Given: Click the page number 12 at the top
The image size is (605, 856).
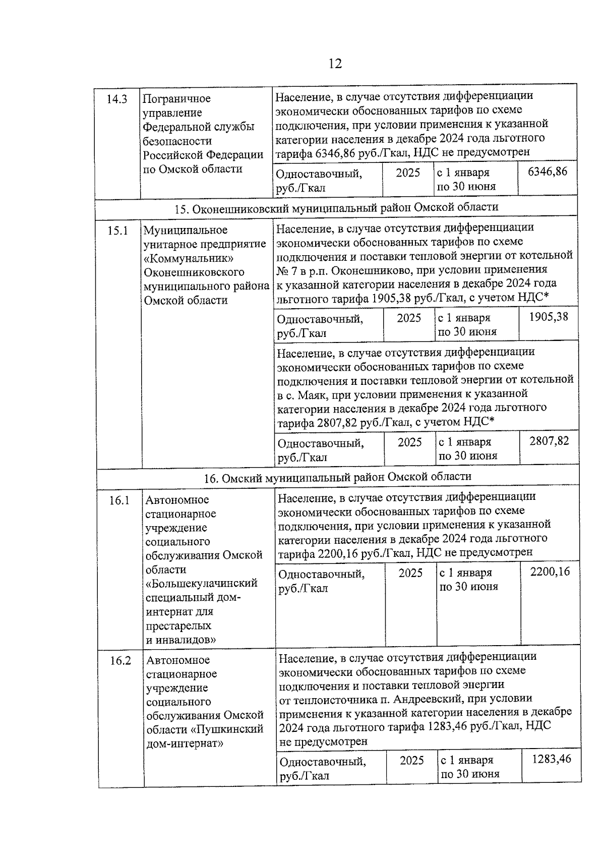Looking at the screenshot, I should click(335, 64).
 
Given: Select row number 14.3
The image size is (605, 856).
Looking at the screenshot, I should click(116, 99).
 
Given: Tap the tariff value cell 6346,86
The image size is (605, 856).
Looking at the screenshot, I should click(547, 172).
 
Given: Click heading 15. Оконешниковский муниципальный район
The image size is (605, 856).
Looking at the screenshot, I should click(336, 207).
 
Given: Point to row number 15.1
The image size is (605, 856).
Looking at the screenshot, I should click(117, 231).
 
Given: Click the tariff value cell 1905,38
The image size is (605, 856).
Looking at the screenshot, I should click(548, 317).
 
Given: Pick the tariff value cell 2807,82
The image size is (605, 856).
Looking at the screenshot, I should click(549, 441).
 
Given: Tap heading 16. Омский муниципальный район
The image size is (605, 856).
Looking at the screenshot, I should click(337, 477).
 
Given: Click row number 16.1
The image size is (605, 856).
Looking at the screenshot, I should click(119, 500).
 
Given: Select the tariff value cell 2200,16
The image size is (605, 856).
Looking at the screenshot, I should click(550, 572).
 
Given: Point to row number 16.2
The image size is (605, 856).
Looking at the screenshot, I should click(120, 661).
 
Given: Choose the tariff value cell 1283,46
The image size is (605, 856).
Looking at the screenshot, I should click(552, 759).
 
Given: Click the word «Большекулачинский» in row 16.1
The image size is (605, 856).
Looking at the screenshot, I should click(202, 584).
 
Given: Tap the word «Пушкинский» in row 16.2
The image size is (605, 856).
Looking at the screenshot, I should click(230, 729).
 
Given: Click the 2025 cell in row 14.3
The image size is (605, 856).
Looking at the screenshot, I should click(407, 173).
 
